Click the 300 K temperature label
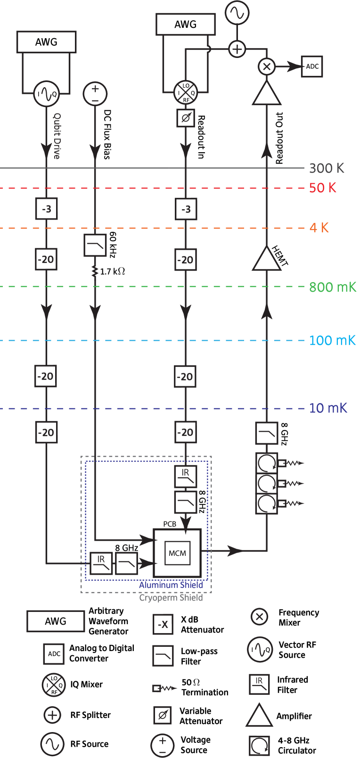coord(327,168)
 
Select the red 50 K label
coord(323,188)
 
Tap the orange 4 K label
coord(319,228)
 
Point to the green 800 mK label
coord(333,287)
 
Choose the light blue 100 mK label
coord(332,341)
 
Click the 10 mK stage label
coord(328,408)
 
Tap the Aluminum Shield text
coord(171,585)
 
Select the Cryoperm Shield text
coord(171,598)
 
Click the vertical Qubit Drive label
coord(57,136)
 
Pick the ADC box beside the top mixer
coord(312,66)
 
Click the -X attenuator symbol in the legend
coord(163,625)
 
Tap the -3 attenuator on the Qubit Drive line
coord(47,209)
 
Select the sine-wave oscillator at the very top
coord(237,13)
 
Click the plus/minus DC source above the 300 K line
coord(95,93)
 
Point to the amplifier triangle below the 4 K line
coord(267,259)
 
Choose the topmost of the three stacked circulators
coord(267,463)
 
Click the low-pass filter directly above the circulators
coord(267,433)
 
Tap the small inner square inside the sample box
coord(178,553)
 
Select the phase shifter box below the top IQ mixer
coord(186,118)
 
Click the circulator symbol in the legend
coord(259,745)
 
